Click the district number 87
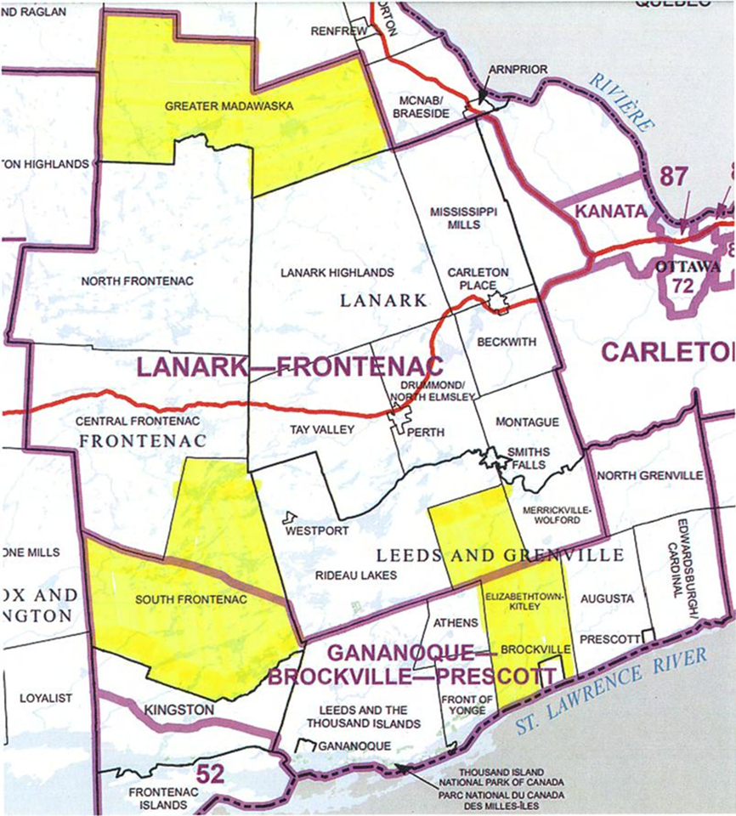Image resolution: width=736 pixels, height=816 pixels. [x=671, y=177]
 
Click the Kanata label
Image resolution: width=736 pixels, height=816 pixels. [x=607, y=212]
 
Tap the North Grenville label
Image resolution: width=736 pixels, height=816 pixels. [x=650, y=475]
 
